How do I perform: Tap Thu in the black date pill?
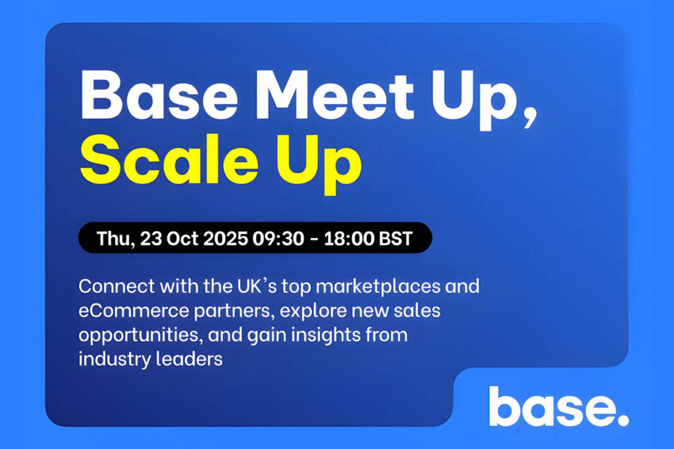(x=114, y=238)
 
